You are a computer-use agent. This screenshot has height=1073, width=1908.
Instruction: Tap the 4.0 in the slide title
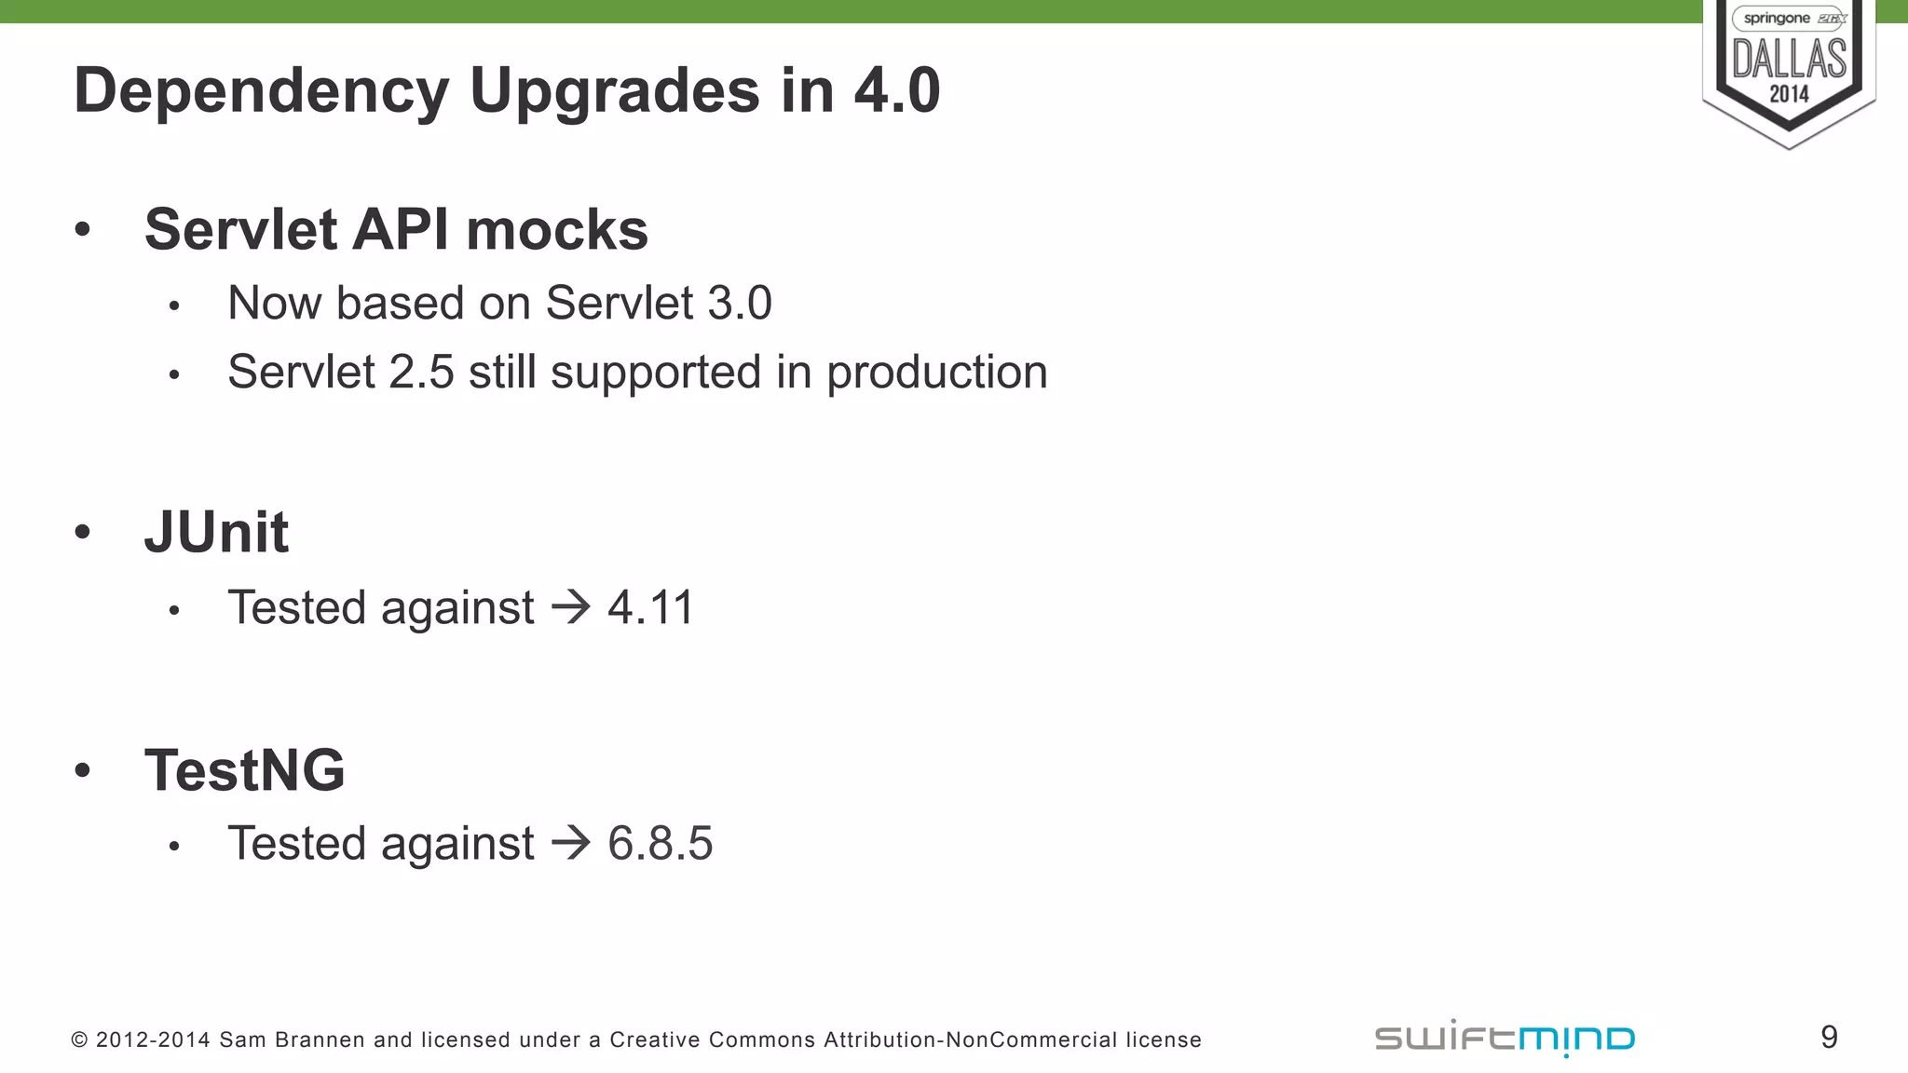tap(896, 90)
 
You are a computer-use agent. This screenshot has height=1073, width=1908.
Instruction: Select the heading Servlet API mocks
tap(396, 229)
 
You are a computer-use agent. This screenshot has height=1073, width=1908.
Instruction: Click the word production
tap(936, 373)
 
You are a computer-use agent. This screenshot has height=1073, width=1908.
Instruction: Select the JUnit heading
tap(216, 532)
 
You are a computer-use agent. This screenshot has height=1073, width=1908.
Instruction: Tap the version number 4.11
tap(650, 607)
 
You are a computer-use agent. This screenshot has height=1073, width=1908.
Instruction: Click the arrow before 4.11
tap(571, 607)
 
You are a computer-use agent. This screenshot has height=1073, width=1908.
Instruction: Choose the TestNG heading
tap(244, 770)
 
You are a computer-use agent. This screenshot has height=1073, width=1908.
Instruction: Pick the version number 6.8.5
tap(660, 843)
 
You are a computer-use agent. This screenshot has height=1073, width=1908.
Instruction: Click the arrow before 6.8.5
tap(571, 843)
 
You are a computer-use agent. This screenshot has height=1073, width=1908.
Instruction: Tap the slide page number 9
tap(1829, 1037)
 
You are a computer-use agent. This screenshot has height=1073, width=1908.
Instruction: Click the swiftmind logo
tap(1505, 1038)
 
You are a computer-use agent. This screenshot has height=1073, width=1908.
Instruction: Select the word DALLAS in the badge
tap(1789, 59)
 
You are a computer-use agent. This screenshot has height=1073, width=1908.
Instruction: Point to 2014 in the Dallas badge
tap(1789, 94)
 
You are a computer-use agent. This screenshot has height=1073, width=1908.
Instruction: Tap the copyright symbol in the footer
tap(79, 1039)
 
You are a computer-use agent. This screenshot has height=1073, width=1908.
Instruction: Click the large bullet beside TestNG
tap(83, 770)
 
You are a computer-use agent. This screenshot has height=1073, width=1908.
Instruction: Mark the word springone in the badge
tap(1776, 19)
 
